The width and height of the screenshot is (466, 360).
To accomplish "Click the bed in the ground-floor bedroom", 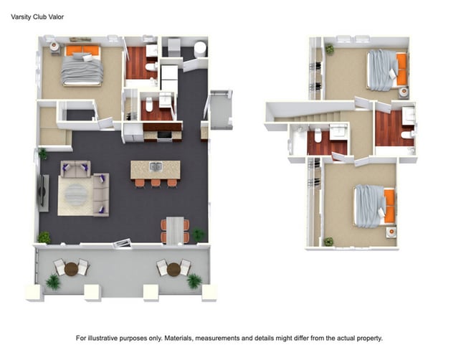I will coord(80,66).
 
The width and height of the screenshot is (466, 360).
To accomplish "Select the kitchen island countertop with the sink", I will coord(155,169).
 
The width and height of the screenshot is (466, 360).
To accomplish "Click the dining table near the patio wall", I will coord(174,229).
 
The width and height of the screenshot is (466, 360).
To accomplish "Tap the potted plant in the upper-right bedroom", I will coord(330,49).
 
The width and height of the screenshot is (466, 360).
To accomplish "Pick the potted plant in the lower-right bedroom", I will coord(329,242).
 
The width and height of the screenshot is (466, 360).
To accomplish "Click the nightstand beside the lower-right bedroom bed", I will coord(391,232).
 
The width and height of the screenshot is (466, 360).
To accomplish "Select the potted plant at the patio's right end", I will coord(194,280).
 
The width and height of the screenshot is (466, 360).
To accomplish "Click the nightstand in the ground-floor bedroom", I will coord(54,47).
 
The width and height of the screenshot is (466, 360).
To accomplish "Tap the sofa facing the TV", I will coord(100,194).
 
